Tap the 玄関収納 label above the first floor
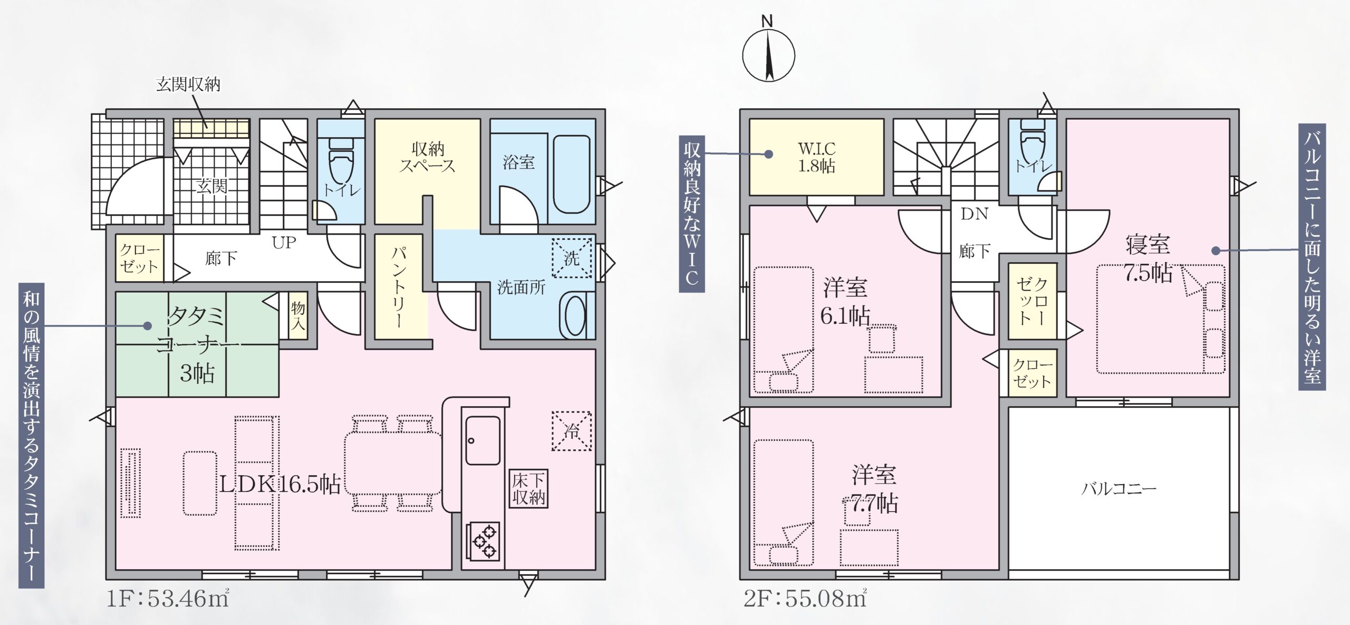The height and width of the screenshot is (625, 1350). [188, 84]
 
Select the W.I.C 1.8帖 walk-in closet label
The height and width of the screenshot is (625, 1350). [816, 157]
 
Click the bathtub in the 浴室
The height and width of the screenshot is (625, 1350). [571, 174]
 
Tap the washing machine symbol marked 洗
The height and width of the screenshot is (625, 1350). [572, 258]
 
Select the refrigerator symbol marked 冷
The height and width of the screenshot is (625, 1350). [572, 431]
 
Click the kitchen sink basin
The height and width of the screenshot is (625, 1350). [483, 440]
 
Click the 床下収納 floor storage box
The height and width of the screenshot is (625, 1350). [528, 488]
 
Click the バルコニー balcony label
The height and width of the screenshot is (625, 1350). [1118, 488]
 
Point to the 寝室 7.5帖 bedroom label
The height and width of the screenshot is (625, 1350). [1148, 259]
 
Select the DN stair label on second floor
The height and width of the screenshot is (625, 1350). [974, 214]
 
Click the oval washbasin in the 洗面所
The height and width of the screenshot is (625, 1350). [575, 315]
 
